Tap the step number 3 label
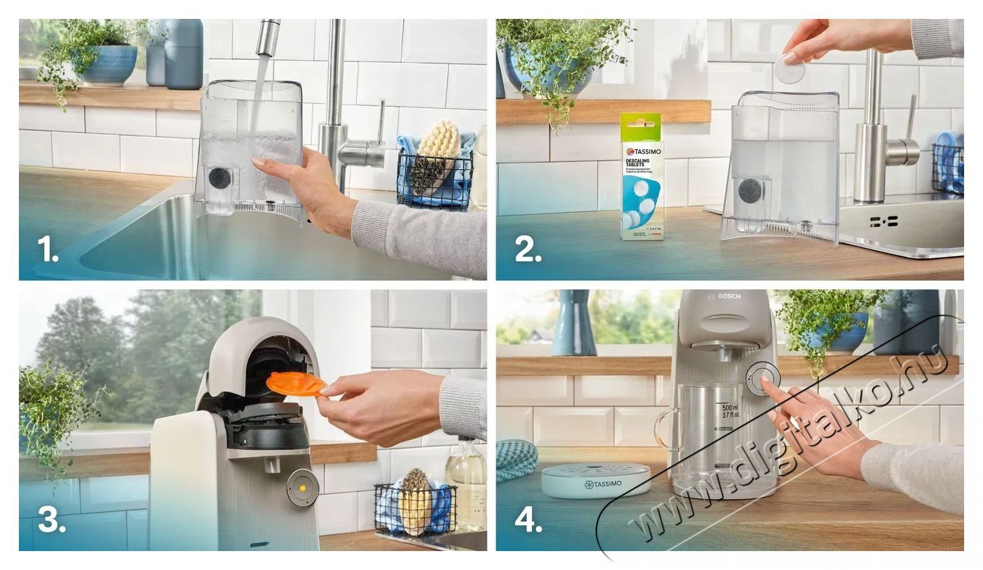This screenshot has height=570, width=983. click(x=51, y=520)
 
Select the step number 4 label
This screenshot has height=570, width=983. click(x=529, y=520)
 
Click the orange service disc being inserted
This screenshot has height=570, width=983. click(x=295, y=383)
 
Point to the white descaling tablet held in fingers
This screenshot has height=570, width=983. click(x=789, y=68)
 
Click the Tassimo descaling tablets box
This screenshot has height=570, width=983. click(x=641, y=178)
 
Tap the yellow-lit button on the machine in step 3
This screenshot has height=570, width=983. click(x=302, y=487)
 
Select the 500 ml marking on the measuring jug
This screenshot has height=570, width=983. click(x=729, y=409)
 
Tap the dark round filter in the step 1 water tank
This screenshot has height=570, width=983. click(x=218, y=178)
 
